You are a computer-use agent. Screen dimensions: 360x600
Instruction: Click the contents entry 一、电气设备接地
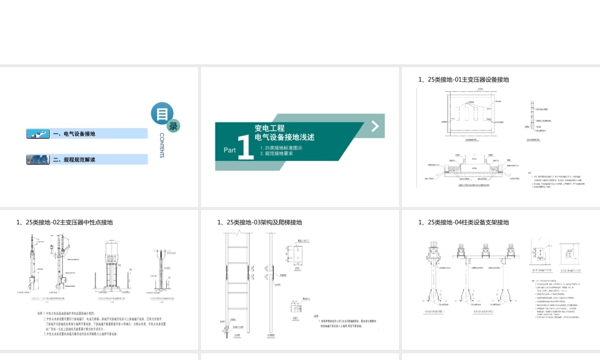[74, 134]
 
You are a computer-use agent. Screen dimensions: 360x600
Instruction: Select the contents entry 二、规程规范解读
[75, 160]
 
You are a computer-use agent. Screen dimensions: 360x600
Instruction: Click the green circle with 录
[173, 126]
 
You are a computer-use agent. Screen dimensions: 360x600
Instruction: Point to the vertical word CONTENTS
[162, 146]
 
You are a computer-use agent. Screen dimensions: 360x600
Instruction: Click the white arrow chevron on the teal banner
[374, 125]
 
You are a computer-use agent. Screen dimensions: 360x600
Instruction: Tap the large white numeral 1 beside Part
[245, 148]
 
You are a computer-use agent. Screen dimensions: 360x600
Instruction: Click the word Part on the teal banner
[230, 150]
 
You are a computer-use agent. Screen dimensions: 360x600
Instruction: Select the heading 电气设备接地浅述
[284, 137]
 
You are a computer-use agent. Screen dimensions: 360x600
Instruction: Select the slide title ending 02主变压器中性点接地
[65, 223]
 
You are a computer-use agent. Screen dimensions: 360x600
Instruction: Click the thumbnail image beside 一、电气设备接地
[38, 134]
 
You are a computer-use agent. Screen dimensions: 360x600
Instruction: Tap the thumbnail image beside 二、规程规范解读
[38, 160]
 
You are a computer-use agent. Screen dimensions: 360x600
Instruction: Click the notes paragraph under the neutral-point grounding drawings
[102, 323]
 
